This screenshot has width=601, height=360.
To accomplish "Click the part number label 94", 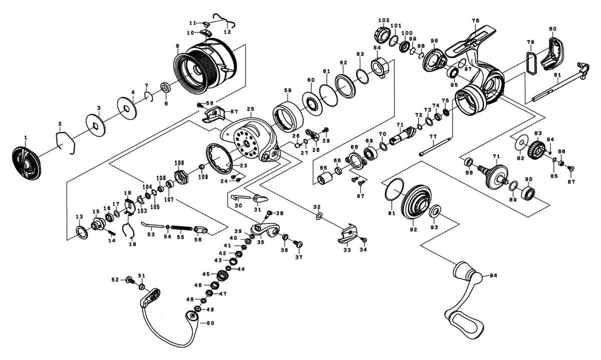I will point(493,276).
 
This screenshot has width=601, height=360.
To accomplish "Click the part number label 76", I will point(475,21).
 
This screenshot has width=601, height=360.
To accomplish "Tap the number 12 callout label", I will point(227,31).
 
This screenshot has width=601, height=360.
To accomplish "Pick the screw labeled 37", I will point(299,244).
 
